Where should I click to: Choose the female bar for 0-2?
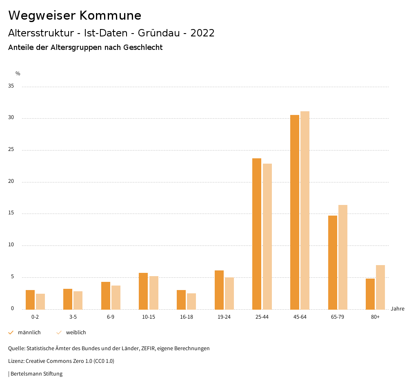40,301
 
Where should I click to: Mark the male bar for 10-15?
143,291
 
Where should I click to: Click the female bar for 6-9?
116,297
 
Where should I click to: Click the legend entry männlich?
29,333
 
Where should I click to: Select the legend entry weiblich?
76,333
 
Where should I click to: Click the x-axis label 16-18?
187,317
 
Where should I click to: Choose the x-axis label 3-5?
73,317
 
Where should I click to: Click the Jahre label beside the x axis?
397,309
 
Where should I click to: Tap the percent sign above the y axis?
18,74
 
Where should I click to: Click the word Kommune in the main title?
110,16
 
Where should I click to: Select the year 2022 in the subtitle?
202,33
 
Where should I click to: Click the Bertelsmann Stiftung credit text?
36,374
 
